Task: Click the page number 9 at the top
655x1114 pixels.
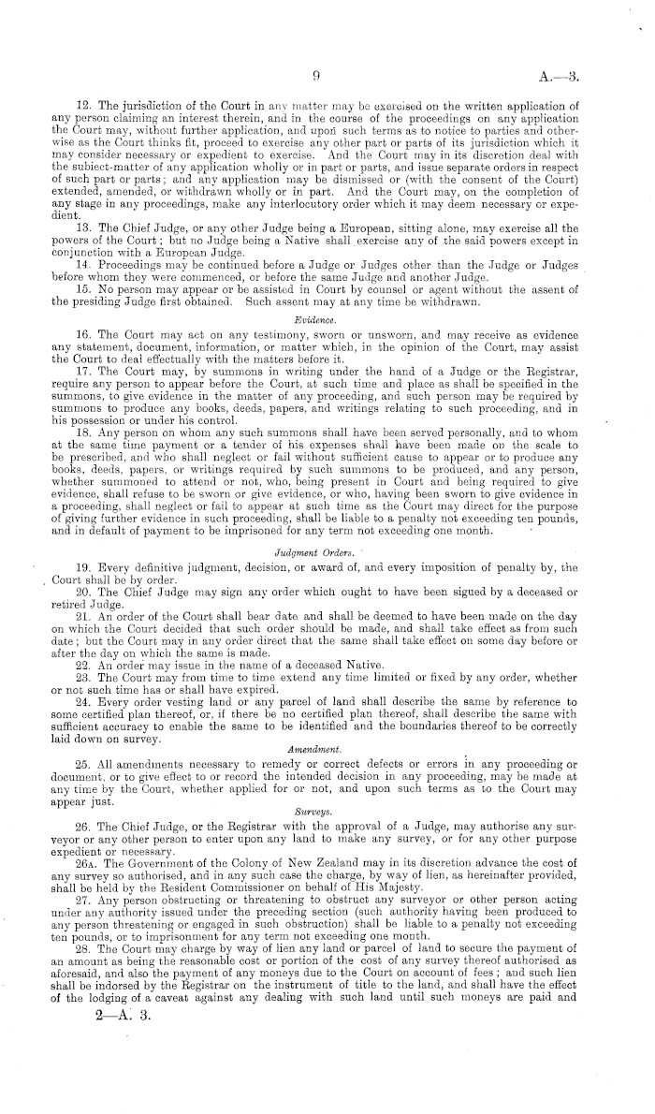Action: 318,79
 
